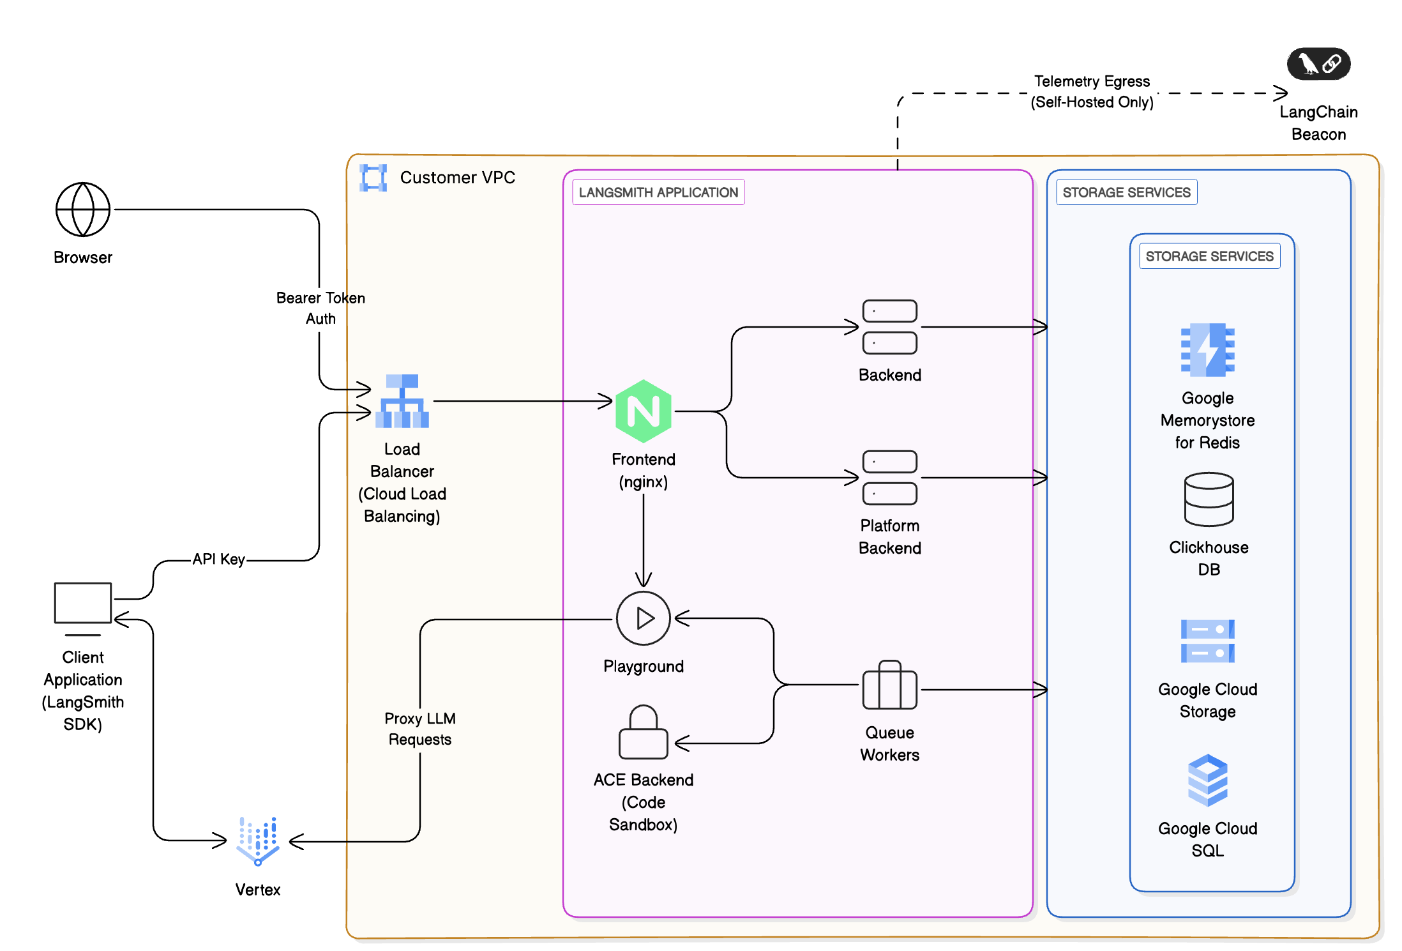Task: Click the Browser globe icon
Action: click(83, 209)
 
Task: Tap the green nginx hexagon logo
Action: click(643, 411)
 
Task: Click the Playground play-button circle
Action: click(643, 618)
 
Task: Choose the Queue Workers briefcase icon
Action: click(889, 685)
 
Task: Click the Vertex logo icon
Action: click(258, 841)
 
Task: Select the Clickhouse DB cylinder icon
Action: click(1209, 499)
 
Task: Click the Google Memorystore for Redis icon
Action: click(1207, 349)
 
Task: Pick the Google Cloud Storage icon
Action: click(1207, 641)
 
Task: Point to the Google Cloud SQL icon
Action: click(1207, 780)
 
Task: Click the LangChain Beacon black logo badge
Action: click(1318, 64)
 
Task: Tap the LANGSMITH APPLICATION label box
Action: click(658, 192)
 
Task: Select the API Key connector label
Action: click(219, 559)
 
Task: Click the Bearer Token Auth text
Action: click(320, 308)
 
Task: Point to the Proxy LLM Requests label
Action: click(420, 729)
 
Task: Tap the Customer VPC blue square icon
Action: click(373, 178)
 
